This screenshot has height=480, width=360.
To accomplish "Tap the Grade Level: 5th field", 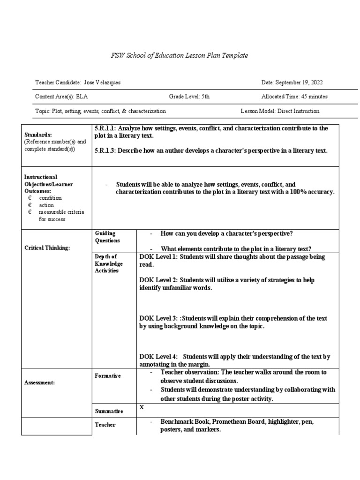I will [x=189, y=97].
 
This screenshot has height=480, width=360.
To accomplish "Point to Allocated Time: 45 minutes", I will [x=294, y=97].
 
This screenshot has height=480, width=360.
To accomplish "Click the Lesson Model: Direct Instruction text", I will [x=280, y=111].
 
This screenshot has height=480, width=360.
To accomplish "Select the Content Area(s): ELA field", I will [x=61, y=97].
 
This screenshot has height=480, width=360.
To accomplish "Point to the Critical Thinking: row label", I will [x=47, y=247].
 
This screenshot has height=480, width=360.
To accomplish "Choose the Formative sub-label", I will [x=108, y=375].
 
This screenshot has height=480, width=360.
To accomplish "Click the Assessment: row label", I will [x=40, y=382].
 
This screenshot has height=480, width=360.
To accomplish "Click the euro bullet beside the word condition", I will [x=30, y=198].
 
